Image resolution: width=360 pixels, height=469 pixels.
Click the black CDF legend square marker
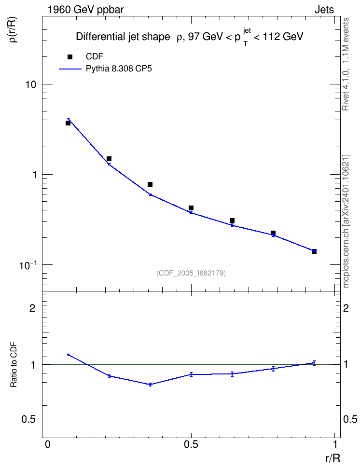click(x=70, y=57)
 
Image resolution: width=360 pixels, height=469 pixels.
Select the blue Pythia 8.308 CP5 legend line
click(x=70, y=69)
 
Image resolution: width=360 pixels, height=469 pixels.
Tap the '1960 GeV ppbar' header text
click(x=85, y=10)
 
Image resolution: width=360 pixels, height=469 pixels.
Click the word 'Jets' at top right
click(x=324, y=10)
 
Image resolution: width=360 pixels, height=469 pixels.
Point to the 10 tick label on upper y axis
click(x=30, y=84)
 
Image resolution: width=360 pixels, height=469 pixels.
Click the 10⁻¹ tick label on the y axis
click(x=28, y=265)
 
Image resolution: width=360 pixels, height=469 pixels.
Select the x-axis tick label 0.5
click(x=191, y=444)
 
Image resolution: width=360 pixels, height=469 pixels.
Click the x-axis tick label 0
click(x=48, y=444)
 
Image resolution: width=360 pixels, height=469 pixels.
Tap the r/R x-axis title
click(x=332, y=458)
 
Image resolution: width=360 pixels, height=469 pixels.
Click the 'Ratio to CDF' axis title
click(x=14, y=364)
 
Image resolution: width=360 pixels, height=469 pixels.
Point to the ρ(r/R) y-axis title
click(x=13, y=30)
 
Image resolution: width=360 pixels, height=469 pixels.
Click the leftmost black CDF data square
click(x=68, y=123)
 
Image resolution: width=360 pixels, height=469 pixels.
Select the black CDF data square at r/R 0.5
click(x=191, y=208)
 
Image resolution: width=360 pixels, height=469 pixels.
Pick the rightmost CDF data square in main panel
click(x=314, y=251)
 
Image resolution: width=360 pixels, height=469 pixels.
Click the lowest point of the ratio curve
click(x=150, y=385)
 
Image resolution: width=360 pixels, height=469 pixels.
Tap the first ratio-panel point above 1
click(x=68, y=355)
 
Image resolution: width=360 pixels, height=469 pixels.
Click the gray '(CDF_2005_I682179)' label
click(x=191, y=273)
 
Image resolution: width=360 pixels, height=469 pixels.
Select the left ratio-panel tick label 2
click(x=32, y=308)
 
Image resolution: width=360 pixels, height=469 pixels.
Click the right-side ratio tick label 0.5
click(x=350, y=420)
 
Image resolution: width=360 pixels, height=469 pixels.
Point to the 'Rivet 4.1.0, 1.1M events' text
click(x=346, y=64)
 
